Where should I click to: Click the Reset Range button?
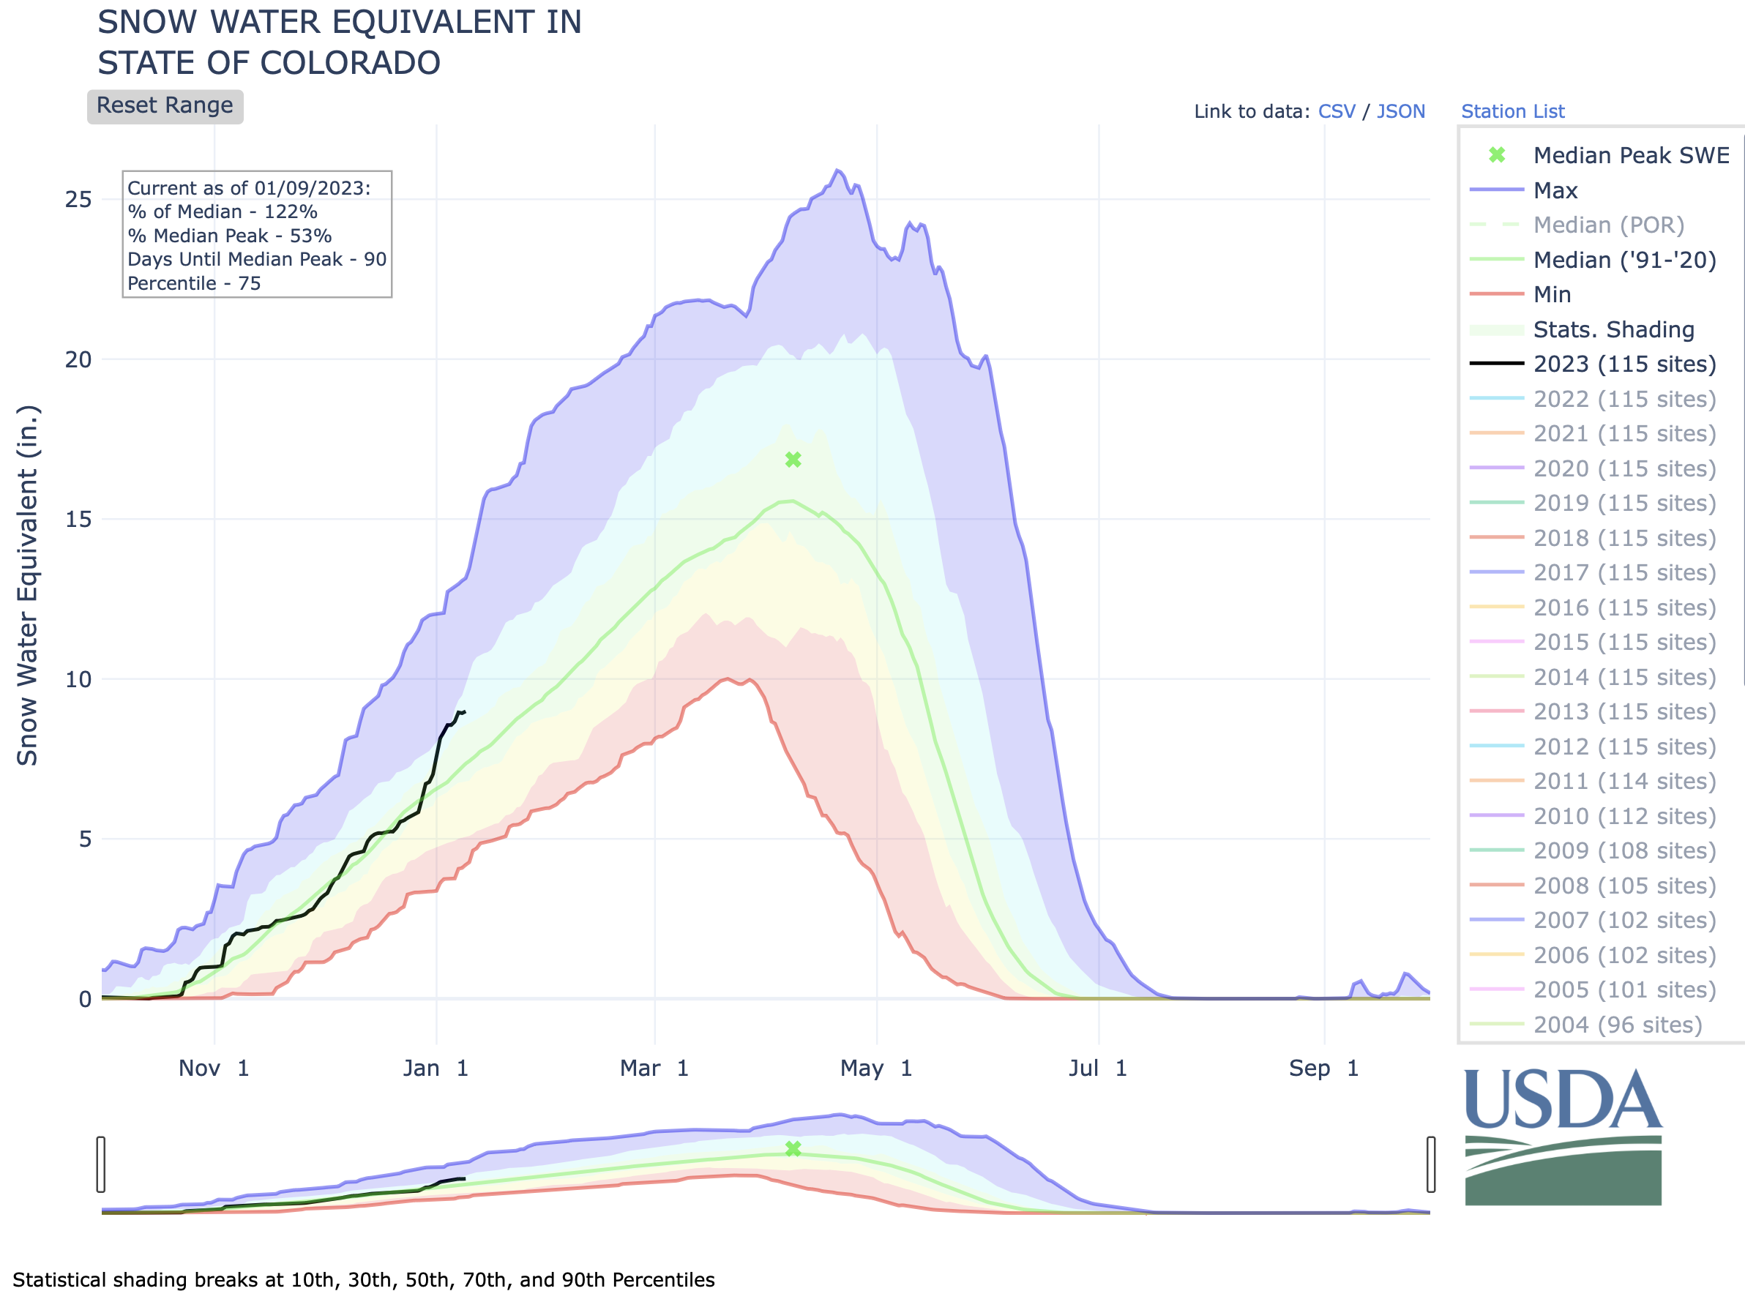click(x=165, y=106)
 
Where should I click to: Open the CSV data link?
click(x=1337, y=112)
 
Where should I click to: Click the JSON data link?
click(x=1400, y=112)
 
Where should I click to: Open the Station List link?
click(x=1512, y=112)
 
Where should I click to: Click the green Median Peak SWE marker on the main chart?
click(x=793, y=460)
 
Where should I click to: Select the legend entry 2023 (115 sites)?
click(x=1624, y=364)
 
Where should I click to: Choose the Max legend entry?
click(x=1555, y=191)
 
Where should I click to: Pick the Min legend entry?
click(x=1551, y=295)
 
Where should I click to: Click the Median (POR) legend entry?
click(x=1608, y=225)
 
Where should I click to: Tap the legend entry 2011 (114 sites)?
click(x=1624, y=781)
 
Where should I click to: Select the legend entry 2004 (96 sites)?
click(x=1617, y=1025)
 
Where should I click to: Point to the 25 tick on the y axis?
click(x=78, y=199)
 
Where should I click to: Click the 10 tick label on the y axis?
click(x=78, y=679)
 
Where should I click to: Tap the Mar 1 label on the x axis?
click(x=654, y=1069)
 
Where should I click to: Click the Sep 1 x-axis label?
click(x=1324, y=1069)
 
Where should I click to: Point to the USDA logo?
click(x=1563, y=1137)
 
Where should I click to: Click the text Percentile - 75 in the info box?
click(x=194, y=283)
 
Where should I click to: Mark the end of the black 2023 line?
click(x=465, y=712)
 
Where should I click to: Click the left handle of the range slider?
click(x=101, y=1164)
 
